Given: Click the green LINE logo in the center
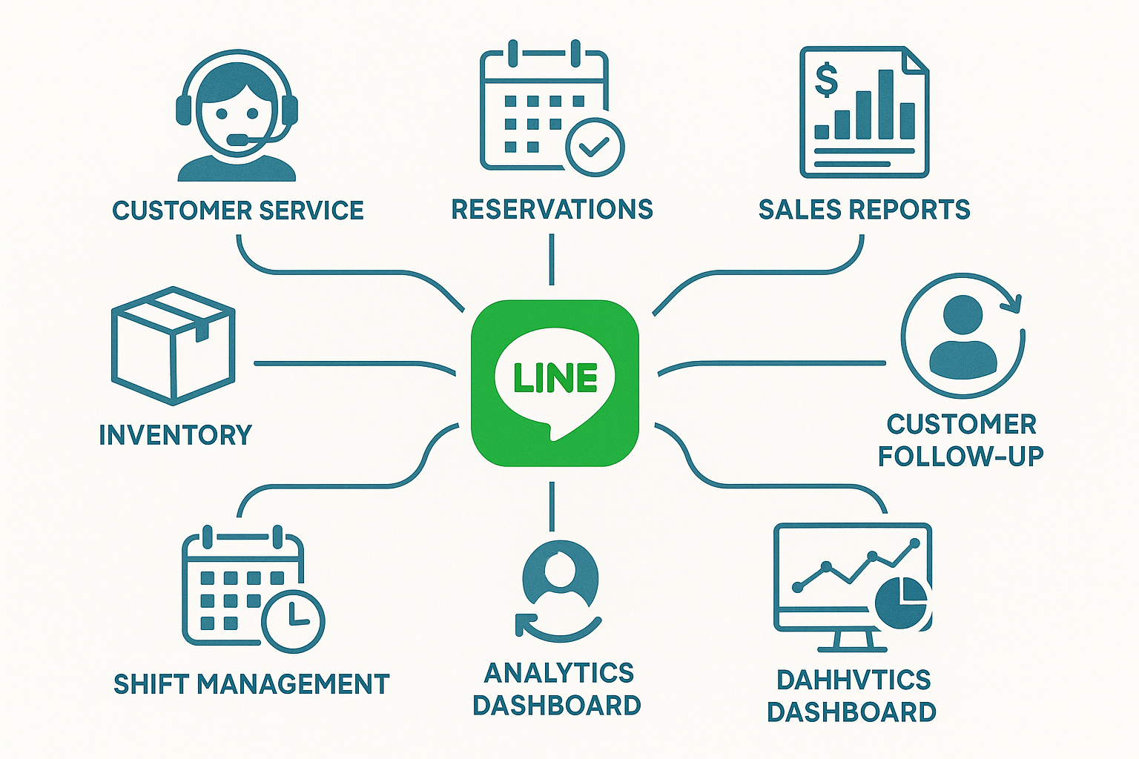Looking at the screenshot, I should coord(555,382).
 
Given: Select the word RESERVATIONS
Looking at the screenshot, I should coord(552,210).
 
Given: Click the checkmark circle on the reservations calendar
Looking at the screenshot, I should coord(594,147).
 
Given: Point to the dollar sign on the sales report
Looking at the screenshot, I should coord(826,80).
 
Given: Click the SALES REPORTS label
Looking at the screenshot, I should coord(864,210).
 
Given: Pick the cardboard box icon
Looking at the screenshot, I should coord(173,345).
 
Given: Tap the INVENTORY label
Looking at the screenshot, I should coord(176,434).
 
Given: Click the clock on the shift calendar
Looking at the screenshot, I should coord(294,621).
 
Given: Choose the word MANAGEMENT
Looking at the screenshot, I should coord(294,684).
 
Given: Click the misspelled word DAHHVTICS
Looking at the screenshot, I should coord(853,680).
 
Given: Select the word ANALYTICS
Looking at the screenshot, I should coord(559,673).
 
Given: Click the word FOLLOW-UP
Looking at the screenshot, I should coord(961,456).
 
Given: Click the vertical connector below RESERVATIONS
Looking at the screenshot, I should coord(552,259).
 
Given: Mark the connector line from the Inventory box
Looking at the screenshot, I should coord(349,364).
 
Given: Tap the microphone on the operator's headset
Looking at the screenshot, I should coord(239,139).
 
